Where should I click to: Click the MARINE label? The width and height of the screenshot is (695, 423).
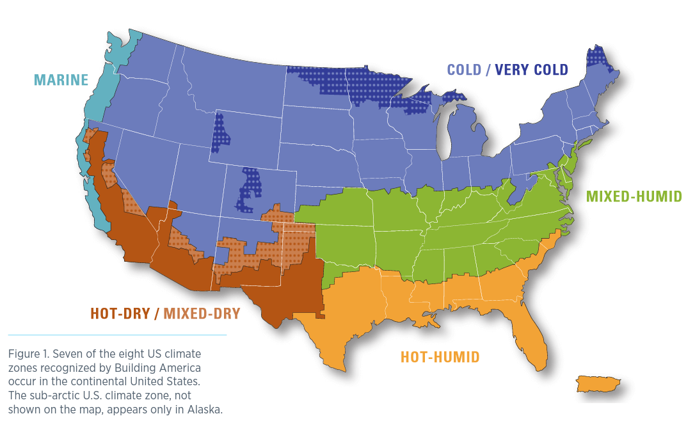click(61, 80)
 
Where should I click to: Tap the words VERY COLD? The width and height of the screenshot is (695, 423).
click(531, 70)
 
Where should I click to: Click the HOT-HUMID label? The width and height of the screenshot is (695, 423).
click(440, 357)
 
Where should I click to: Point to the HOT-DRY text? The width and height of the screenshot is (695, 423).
click(120, 314)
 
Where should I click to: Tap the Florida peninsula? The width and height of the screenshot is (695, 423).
click(532, 336)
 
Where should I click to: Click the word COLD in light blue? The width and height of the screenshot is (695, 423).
click(464, 70)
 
